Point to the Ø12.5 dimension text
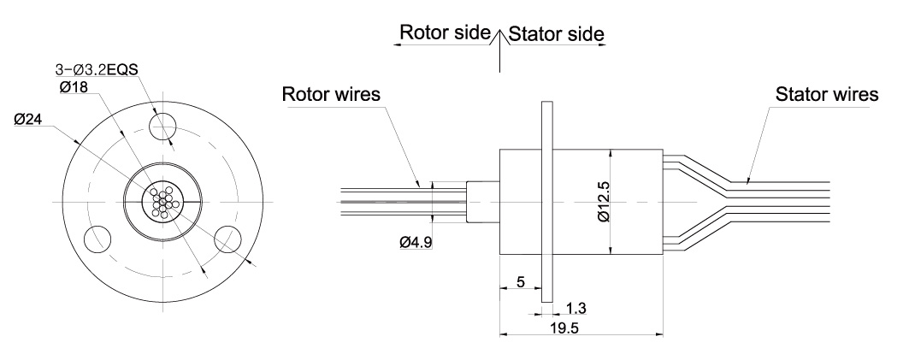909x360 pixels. click(604, 202)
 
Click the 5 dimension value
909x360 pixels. click(519, 281)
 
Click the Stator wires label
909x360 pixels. click(826, 93)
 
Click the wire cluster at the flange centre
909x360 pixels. click(162, 202)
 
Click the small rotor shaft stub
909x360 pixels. click(482, 202)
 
